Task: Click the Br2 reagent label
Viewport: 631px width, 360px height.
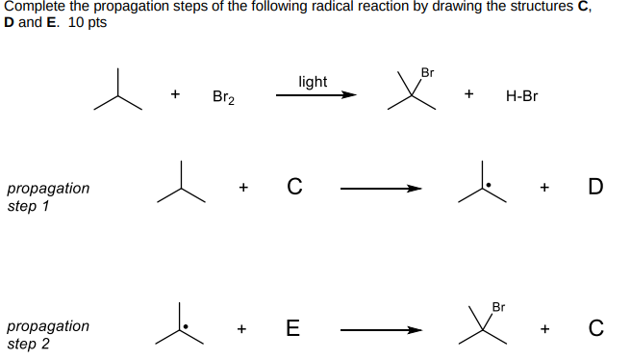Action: click(223, 97)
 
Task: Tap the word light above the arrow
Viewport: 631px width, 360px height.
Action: click(313, 82)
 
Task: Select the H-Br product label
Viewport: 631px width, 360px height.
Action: click(521, 96)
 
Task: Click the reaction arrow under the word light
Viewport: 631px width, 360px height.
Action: click(315, 95)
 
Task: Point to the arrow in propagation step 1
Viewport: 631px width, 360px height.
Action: click(381, 189)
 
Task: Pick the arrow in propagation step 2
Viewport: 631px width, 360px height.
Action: click(381, 330)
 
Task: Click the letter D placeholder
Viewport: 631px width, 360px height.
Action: click(595, 187)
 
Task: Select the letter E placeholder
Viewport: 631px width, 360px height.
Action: click(292, 329)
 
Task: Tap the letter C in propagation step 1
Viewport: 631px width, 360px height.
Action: click(293, 187)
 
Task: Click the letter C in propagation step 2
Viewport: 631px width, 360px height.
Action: click(595, 329)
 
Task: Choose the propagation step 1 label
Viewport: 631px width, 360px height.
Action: click(48, 196)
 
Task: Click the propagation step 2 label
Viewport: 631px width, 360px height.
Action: click(48, 334)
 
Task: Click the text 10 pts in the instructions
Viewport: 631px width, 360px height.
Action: click(88, 22)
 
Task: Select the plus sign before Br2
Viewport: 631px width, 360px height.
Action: click(175, 95)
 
